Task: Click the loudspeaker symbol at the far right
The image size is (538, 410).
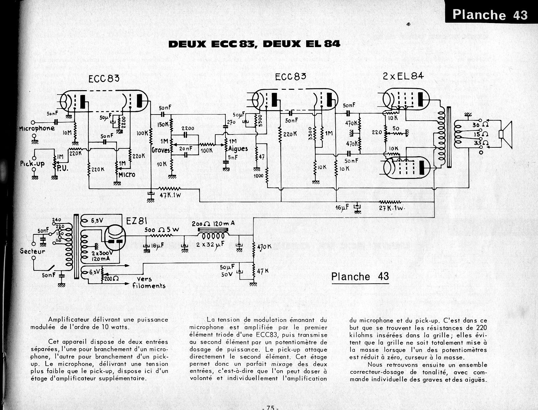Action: pyautogui.click(x=506, y=134)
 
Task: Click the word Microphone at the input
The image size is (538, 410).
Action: pyautogui.click(x=37, y=128)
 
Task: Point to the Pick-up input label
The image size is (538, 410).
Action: pyautogui.click(x=32, y=164)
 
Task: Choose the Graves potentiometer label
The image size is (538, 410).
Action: pyautogui.click(x=161, y=149)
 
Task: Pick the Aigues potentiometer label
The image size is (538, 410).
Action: pyautogui.click(x=238, y=149)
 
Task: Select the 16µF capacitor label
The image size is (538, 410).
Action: pyautogui.click(x=342, y=207)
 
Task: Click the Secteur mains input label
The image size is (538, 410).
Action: pyautogui.click(x=33, y=251)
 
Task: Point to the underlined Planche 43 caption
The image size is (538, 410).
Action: pyautogui.click(x=360, y=276)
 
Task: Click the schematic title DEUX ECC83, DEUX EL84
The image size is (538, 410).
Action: pyautogui.click(x=254, y=44)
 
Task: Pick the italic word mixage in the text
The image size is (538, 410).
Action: pyautogui.click(x=283, y=364)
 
